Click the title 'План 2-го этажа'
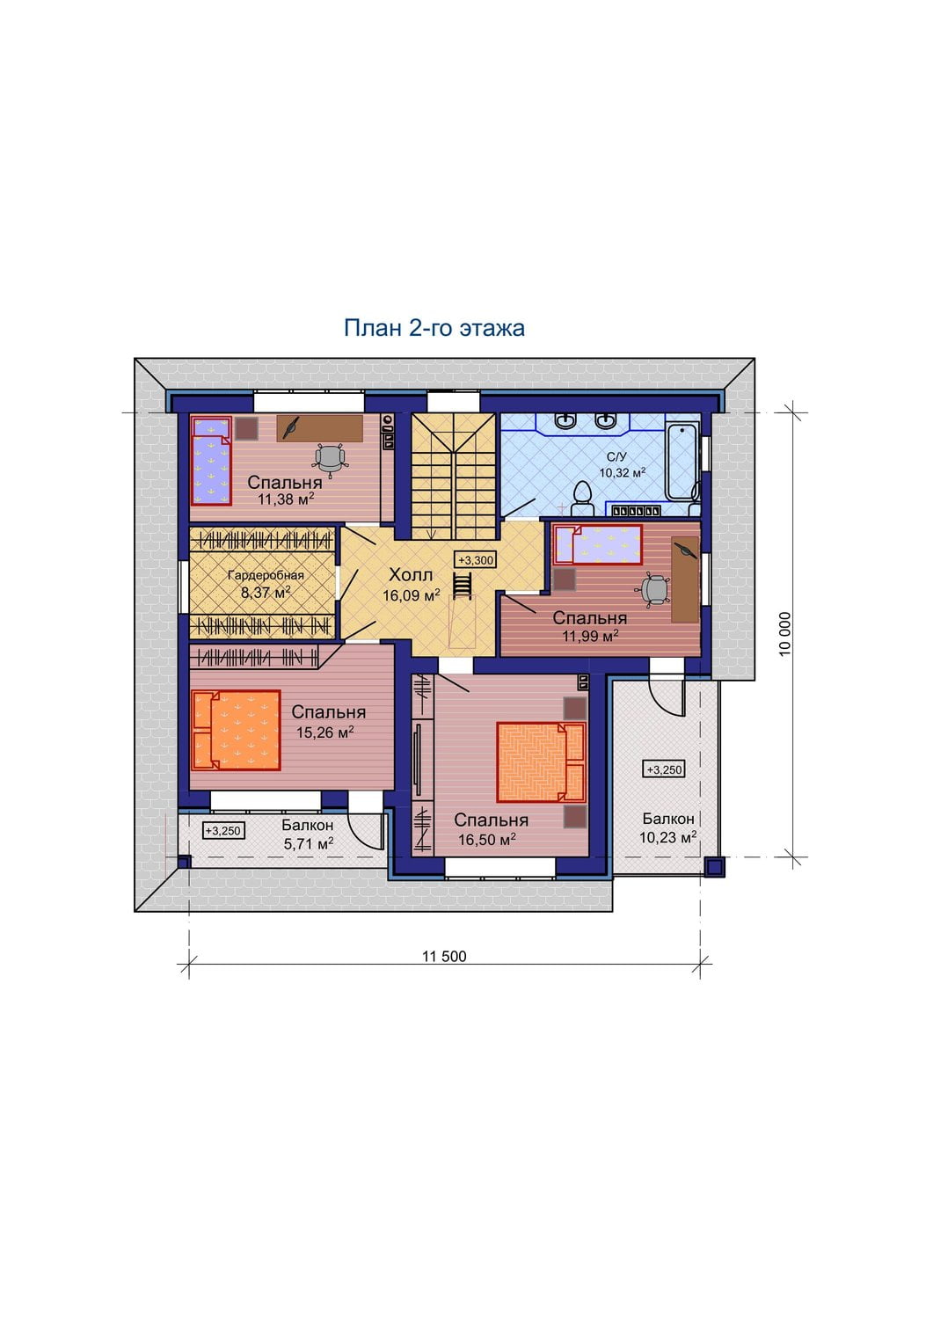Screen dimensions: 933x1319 (x=434, y=328)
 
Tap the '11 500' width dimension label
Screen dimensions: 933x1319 (x=444, y=957)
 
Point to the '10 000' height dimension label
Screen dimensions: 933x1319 (x=785, y=634)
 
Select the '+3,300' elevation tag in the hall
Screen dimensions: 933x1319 (x=476, y=560)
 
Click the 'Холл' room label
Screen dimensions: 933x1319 (x=412, y=575)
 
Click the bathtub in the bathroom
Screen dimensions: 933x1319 (x=682, y=463)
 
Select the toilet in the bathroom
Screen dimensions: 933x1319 (x=582, y=498)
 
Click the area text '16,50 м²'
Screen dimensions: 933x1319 (x=487, y=839)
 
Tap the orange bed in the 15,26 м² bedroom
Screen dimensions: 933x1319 (x=236, y=730)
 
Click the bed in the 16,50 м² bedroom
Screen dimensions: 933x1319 (x=542, y=762)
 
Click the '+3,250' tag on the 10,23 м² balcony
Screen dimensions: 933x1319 (x=665, y=769)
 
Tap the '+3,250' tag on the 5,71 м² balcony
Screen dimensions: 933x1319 (x=223, y=830)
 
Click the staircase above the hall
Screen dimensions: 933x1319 (x=452, y=476)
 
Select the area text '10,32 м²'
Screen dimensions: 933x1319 (x=623, y=472)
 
